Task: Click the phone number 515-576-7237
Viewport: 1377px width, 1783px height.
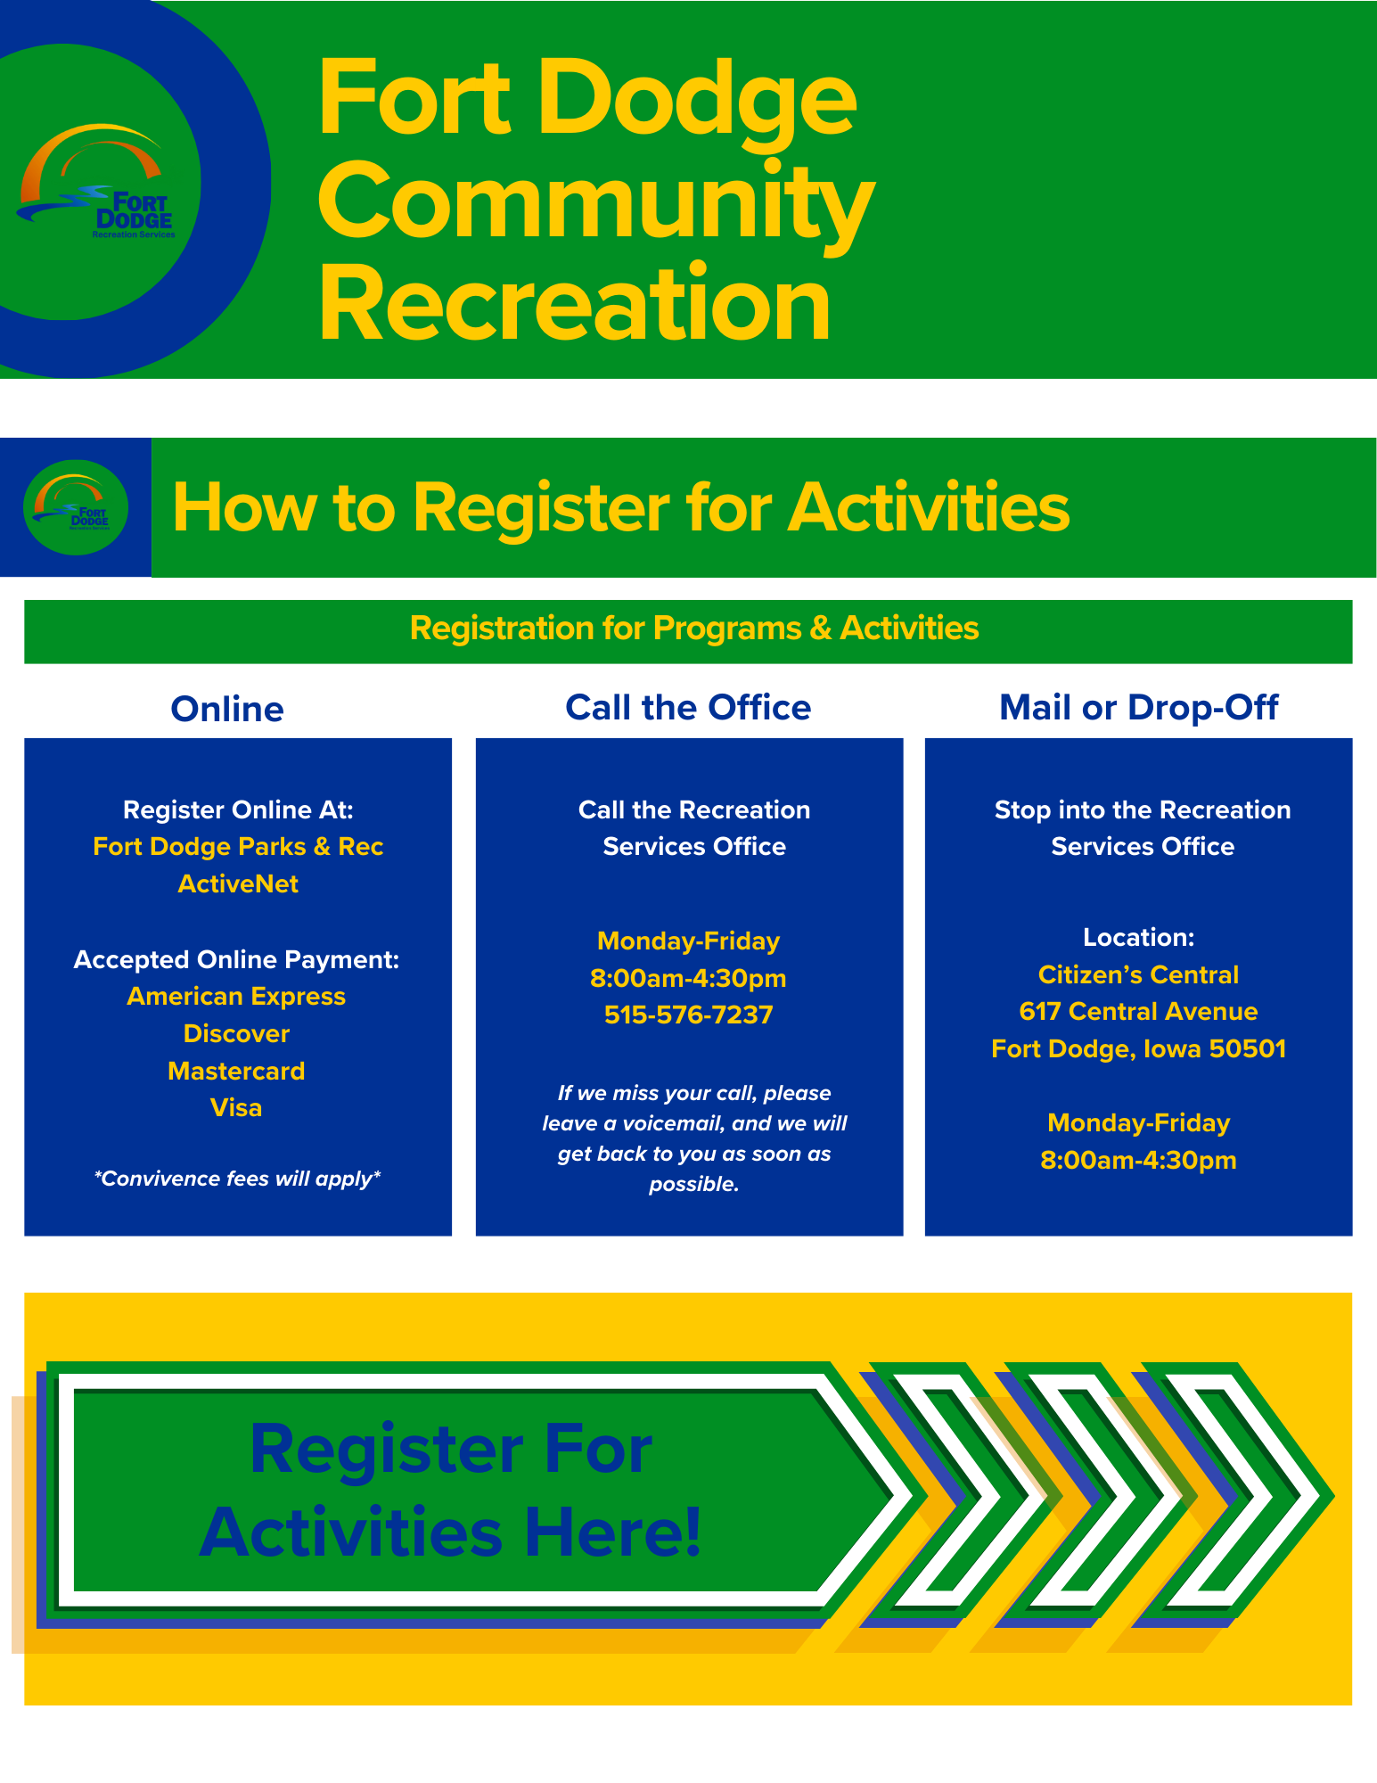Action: point(688,1015)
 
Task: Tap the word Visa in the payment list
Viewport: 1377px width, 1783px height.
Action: point(236,1107)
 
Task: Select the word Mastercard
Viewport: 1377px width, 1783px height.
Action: point(236,1071)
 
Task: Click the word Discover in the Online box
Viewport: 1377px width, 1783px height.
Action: point(236,1033)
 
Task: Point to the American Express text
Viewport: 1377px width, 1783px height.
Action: point(236,996)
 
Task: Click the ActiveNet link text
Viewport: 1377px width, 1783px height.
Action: point(238,883)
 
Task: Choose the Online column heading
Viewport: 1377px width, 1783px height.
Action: point(227,709)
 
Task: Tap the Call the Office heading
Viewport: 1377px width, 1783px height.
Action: point(688,707)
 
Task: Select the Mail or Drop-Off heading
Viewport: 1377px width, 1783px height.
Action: point(1139,707)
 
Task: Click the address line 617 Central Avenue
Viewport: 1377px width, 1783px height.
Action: point(1138,1011)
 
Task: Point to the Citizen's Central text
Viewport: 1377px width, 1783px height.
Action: point(1138,974)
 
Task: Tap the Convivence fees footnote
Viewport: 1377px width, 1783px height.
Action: point(237,1179)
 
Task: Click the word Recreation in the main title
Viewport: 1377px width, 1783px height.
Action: point(575,303)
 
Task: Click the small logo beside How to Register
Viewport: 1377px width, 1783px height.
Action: point(76,507)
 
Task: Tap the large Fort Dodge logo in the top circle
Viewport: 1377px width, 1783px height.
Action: point(96,183)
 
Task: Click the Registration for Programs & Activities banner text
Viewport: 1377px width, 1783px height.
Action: point(694,629)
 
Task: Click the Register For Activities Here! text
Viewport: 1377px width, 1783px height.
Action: point(451,1491)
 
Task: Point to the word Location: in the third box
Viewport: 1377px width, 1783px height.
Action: point(1138,937)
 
